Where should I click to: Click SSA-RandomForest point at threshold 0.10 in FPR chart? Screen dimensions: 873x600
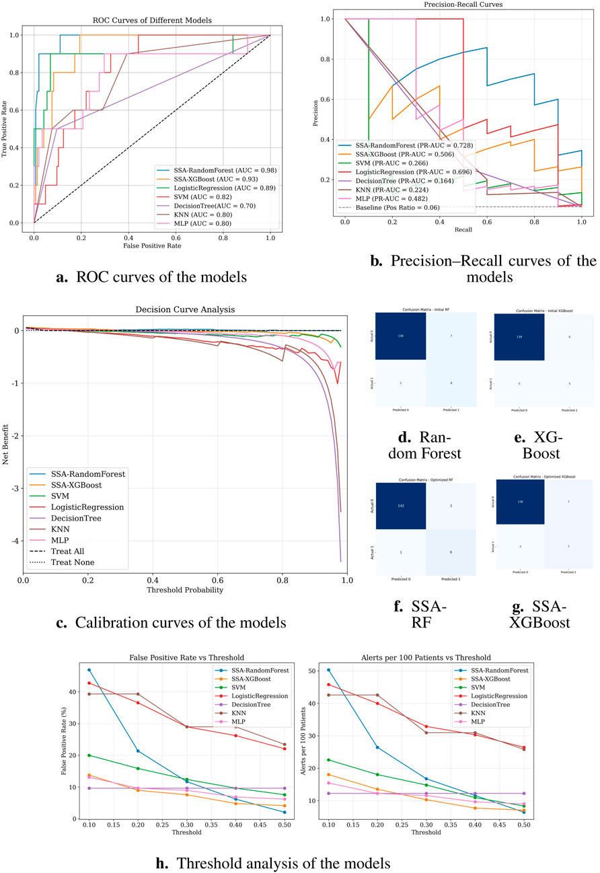click(89, 670)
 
